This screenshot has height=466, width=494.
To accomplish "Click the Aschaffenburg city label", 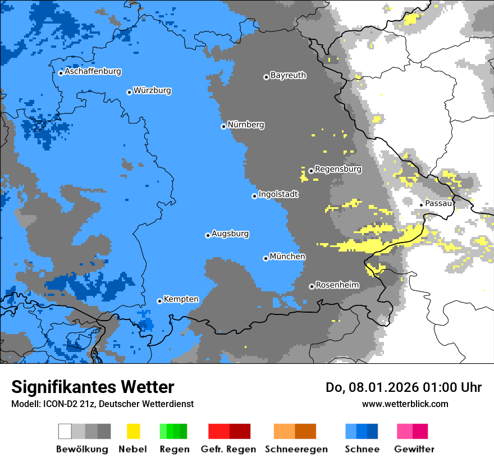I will click(x=93, y=71).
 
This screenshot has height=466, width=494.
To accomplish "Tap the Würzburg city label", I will click(x=152, y=90).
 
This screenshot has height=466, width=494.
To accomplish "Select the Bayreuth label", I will click(x=288, y=75).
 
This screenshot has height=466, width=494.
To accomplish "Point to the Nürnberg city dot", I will click(x=223, y=126).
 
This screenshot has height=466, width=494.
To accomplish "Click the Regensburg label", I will click(x=338, y=168).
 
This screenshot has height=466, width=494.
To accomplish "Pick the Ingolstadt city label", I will click(x=278, y=194).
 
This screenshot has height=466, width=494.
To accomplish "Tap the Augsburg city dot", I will click(x=208, y=235).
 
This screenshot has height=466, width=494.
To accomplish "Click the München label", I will click(x=287, y=256).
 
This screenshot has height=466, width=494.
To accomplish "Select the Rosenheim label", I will click(x=337, y=285).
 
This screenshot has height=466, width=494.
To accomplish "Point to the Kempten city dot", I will click(x=159, y=301).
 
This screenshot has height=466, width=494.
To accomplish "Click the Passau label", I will click(x=438, y=203).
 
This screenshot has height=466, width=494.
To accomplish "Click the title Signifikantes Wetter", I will click(x=93, y=387).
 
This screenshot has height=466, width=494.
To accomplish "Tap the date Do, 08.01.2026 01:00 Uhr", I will click(x=403, y=387).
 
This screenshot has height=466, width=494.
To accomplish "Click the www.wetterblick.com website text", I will click(x=405, y=404).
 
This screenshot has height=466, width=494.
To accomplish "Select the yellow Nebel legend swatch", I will click(x=133, y=431).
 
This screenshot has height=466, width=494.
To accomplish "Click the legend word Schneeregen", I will click(x=296, y=449).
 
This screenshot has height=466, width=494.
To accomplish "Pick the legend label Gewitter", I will click(x=414, y=449).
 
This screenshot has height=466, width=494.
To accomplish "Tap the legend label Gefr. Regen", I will click(x=228, y=449).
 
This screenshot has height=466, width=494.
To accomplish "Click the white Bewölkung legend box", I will click(x=65, y=431).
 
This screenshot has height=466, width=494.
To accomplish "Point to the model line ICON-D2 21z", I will click(x=102, y=404).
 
